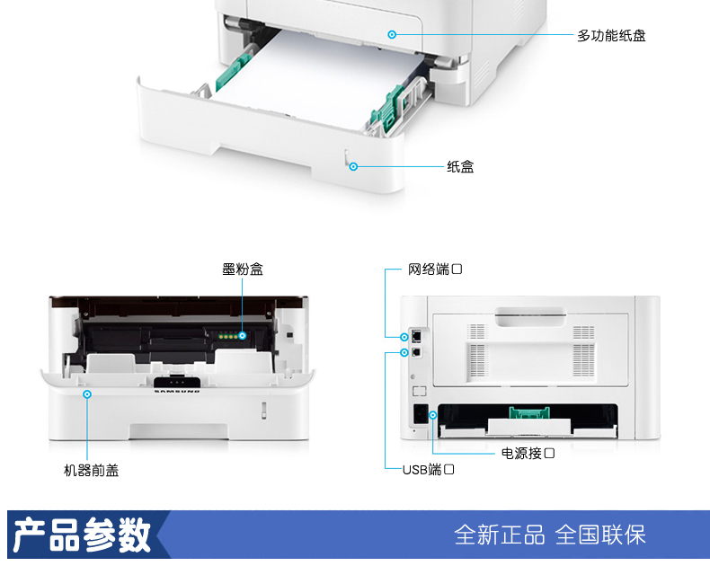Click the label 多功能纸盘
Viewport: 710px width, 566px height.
click(x=611, y=36)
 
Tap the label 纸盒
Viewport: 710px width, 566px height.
click(x=460, y=166)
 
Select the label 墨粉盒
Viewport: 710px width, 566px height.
click(x=243, y=269)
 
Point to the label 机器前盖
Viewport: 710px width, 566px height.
click(x=91, y=470)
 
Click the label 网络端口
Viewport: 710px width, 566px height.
click(x=435, y=270)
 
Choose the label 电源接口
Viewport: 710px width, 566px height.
click(x=528, y=454)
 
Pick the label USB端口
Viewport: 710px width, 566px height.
click(x=428, y=470)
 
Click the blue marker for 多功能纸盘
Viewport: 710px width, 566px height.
click(x=392, y=35)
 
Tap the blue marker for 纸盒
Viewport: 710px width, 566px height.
click(x=354, y=166)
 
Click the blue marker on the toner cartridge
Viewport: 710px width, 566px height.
click(x=243, y=336)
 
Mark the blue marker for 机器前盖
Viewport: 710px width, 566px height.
click(x=87, y=394)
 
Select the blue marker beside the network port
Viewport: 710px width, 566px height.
click(x=404, y=337)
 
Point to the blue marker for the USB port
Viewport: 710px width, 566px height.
click(x=404, y=353)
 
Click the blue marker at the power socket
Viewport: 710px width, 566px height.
click(x=433, y=415)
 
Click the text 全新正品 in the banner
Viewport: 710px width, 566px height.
click(x=499, y=535)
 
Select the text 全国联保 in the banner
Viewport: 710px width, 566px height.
click(x=600, y=535)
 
